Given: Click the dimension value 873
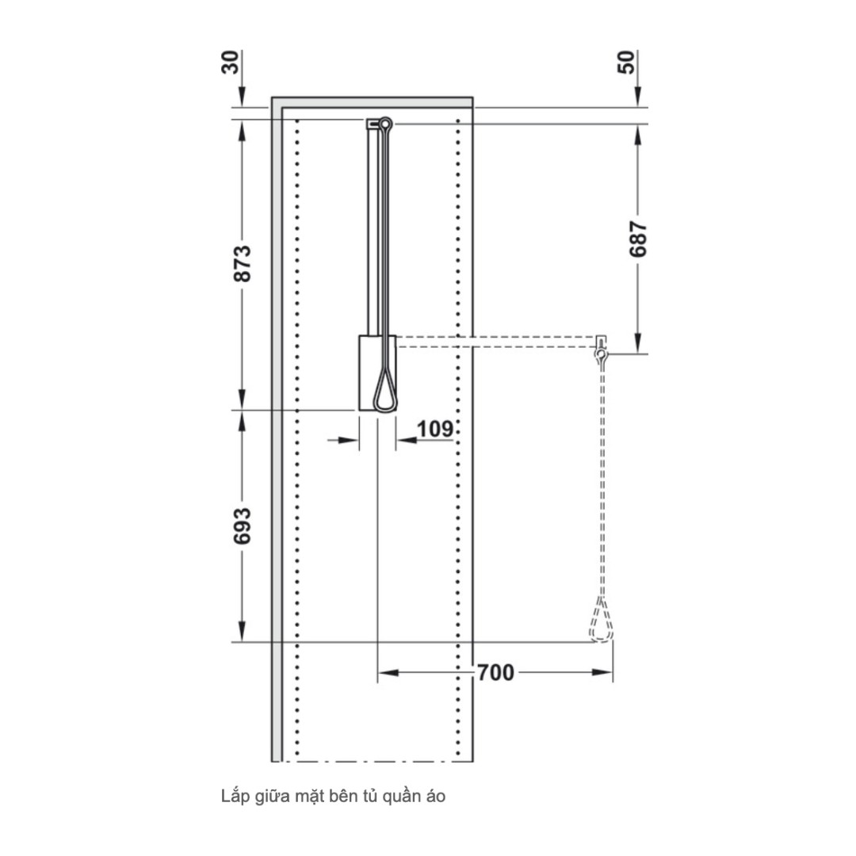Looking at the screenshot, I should click(x=243, y=263).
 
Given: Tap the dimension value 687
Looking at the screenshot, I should click(x=639, y=239).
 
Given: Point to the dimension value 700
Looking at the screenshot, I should click(x=495, y=674).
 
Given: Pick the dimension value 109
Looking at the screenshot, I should click(x=434, y=429).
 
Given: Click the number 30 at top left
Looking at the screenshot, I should click(x=230, y=63).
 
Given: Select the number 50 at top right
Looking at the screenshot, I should click(x=626, y=63).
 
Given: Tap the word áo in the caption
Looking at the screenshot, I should click(x=434, y=797).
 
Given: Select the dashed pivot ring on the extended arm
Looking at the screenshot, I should click(x=602, y=356).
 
